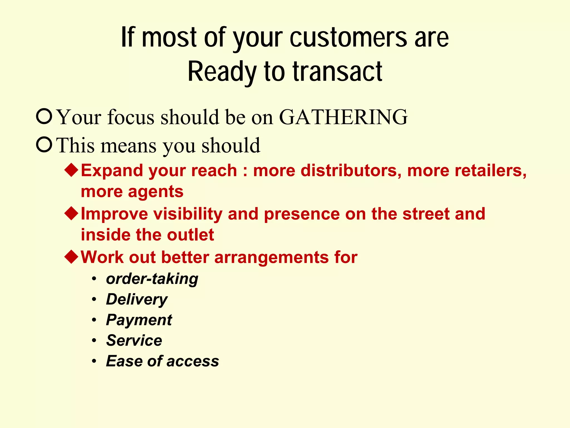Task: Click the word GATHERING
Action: tap(343, 117)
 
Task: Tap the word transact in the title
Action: tap(337, 72)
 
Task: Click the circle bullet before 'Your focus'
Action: tap(44, 116)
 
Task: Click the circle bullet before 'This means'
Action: tap(44, 145)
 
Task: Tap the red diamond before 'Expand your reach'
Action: tap(72, 170)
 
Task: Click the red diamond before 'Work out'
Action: tap(72, 257)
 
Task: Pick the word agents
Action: tap(156, 192)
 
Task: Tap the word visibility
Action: tap(188, 214)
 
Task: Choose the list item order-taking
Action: tap(152, 279)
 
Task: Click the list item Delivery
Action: tap(137, 300)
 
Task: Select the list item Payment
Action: tap(139, 320)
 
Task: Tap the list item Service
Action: tap(134, 341)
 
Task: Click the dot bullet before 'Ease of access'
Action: tap(94, 361)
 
